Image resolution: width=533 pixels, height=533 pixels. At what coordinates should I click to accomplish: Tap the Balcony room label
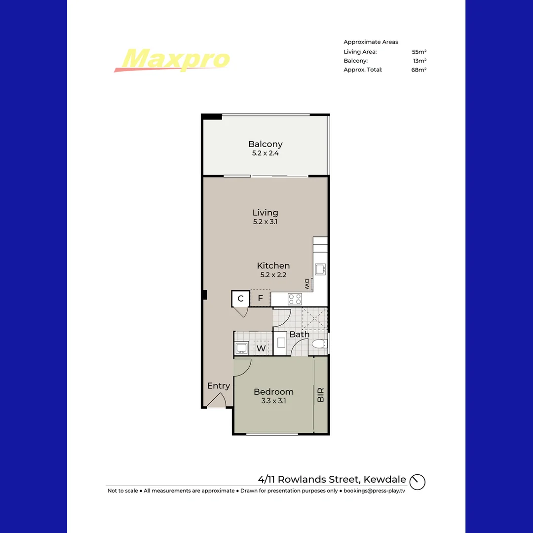click(x=266, y=144)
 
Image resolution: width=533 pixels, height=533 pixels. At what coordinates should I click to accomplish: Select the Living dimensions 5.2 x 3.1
click(x=265, y=222)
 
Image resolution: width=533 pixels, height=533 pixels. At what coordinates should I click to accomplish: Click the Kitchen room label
click(x=273, y=266)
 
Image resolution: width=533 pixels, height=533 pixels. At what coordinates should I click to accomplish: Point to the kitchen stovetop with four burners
click(x=295, y=299)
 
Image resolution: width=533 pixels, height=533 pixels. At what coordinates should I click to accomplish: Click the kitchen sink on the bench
click(x=320, y=269)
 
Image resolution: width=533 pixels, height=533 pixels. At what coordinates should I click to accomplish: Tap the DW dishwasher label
click(x=307, y=284)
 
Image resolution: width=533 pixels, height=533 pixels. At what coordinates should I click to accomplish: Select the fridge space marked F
click(x=261, y=298)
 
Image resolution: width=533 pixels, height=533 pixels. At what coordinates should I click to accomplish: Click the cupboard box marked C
click(x=241, y=299)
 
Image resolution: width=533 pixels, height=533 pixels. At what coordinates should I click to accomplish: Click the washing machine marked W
click(x=261, y=348)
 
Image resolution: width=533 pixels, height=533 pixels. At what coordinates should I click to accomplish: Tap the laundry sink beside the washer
click(x=241, y=348)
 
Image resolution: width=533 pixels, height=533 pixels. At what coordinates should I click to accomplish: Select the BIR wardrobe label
click(x=321, y=395)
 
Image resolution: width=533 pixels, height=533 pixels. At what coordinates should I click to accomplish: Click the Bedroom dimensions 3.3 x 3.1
click(x=273, y=401)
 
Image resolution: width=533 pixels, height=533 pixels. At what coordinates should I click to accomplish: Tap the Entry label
click(x=219, y=386)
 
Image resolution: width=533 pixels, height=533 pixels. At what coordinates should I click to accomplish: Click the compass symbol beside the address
click(x=418, y=482)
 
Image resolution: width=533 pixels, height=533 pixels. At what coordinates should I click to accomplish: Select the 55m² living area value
click(x=419, y=52)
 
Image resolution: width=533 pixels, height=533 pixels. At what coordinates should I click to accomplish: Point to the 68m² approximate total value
click(x=419, y=70)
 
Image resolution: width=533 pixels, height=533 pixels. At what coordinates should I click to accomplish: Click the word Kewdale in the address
click(x=385, y=479)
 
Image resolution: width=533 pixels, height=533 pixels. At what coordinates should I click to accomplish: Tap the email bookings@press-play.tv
click(x=374, y=491)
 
